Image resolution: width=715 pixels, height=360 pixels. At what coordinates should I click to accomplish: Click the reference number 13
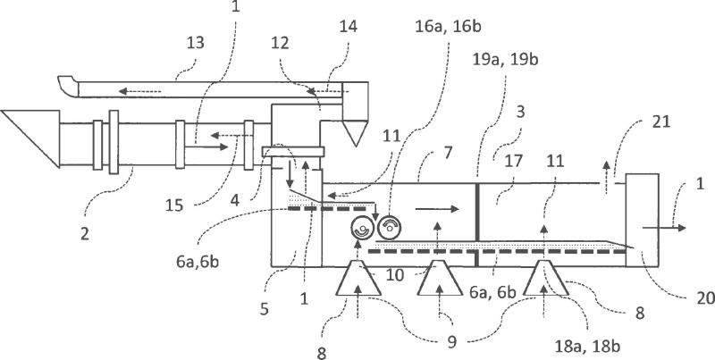tap(195, 42)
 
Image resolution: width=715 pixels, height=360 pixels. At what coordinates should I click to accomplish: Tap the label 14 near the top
tap(348, 26)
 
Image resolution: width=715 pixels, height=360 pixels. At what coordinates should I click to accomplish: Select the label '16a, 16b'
tap(448, 27)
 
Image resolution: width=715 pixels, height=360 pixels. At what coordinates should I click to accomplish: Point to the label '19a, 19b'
tap(505, 59)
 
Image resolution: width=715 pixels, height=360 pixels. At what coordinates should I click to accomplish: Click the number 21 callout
tap(660, 121)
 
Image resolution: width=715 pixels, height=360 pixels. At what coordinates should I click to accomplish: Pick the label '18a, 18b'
tap(587, 347)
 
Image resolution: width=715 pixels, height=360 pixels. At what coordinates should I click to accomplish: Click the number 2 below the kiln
tap(85, 233)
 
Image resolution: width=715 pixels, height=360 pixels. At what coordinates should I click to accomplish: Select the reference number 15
tap(173, 205)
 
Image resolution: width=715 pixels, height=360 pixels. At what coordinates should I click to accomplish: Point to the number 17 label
tap(513, 161)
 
